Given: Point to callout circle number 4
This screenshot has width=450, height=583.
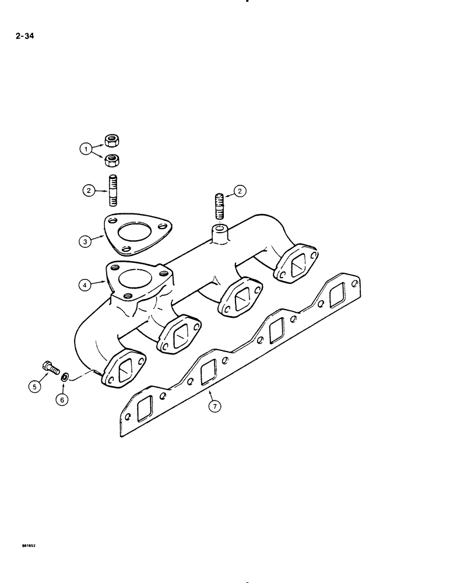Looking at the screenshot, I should (85, 285).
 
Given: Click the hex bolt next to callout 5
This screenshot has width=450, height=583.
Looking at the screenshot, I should (50, 368).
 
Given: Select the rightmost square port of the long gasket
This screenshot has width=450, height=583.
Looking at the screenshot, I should (338, 297).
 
